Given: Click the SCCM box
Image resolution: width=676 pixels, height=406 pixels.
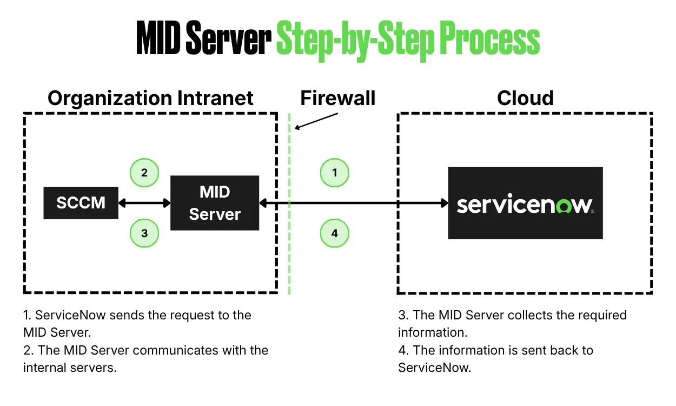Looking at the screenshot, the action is coord(81,202).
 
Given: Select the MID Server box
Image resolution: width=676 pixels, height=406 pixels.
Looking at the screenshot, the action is coord(215,202).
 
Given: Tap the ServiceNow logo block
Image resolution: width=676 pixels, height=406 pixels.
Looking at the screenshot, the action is coord(526,202).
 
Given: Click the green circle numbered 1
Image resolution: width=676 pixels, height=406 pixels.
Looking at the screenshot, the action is coord(334,173).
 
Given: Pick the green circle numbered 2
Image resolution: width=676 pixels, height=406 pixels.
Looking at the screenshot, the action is coord(144,173).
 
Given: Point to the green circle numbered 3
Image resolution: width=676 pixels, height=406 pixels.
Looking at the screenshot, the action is coord(144,233).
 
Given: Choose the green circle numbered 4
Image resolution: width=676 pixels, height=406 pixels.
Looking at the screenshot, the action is coord(334,233).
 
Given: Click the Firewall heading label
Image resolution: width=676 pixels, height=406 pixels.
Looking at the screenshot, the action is coord(337,98).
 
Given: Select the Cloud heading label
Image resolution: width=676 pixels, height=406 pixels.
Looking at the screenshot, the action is coord(526,98).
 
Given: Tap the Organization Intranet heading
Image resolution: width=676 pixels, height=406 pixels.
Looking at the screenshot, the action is coord(150,99).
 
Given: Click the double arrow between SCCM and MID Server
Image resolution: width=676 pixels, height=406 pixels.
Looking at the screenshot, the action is coord(144,203).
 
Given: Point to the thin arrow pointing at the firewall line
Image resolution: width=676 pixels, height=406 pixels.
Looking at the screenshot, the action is coord(316,121).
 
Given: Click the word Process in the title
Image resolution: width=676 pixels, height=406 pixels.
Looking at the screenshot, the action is coord(489,38).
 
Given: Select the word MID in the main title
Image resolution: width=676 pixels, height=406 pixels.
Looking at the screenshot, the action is coord(158,38).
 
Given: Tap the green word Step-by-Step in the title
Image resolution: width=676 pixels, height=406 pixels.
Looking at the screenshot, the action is coord(355,41).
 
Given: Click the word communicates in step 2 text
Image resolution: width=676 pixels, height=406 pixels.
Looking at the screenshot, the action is coord(175,350).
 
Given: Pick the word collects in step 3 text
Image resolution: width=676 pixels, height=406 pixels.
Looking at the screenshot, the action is coord(529,315).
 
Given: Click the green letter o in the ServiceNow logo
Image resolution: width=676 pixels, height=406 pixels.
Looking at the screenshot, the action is coord(564,205).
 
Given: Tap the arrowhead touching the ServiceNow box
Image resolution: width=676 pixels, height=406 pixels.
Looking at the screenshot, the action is coord(445,203).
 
